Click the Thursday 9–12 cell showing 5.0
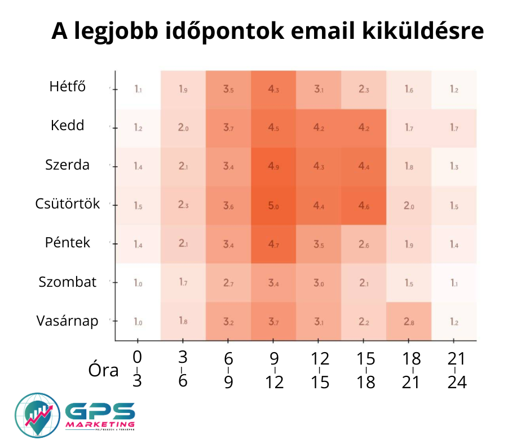click(273, 206)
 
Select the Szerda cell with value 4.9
click(273, 167)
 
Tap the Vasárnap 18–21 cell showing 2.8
click(409, 322)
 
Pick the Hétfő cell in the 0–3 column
click(138, 89)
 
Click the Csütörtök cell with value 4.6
click(364, 206)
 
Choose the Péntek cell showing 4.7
click(273, 245)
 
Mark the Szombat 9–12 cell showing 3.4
click(273, 283)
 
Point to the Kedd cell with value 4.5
click(273, 128)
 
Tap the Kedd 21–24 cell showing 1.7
click(454, 128)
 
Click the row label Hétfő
click(67, 87)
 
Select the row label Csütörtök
click(67, 203)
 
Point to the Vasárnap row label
click(67, 321)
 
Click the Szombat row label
click(67, 282)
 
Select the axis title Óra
click(104, 370)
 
